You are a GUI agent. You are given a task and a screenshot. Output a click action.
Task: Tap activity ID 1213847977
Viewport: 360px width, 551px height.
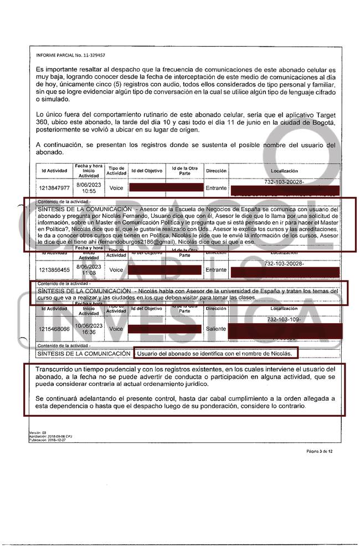pyautogui.click(x=54, y=187)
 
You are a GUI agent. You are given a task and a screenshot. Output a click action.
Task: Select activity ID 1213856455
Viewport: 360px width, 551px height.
pyautogui.click(x=54, y=269)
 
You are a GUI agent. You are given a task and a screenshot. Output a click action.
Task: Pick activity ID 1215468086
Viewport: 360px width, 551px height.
pyautogui.click(x=54, y=328)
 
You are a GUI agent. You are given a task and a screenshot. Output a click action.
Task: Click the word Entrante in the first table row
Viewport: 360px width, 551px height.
pyautogui.click(x=216, y=188)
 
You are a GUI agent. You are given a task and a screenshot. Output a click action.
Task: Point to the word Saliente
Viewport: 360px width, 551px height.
pyautogui.click(x=216, y=328)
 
